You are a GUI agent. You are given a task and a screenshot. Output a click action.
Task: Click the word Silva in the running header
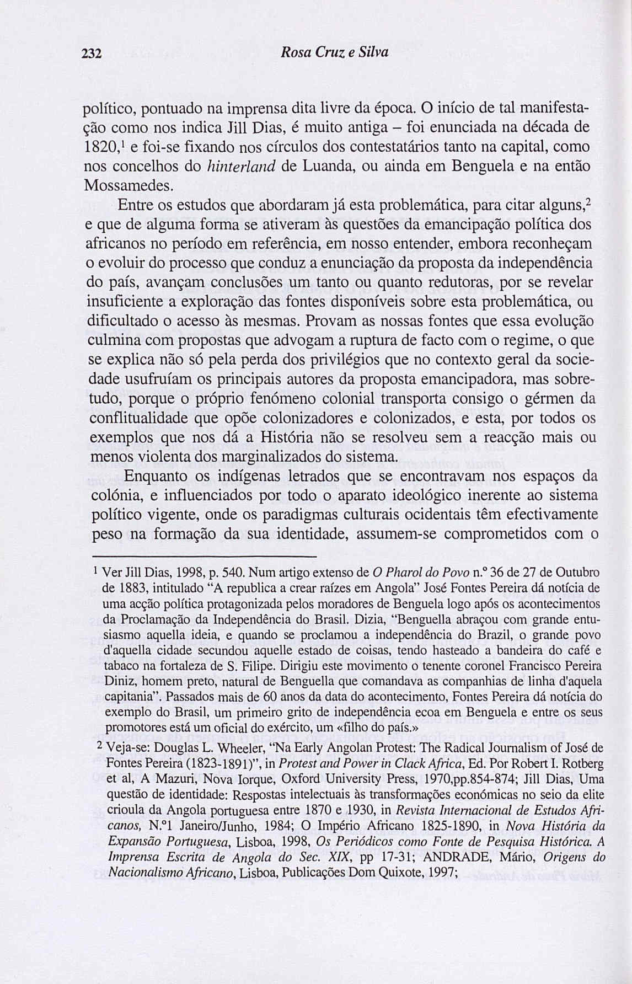tap(374, 53)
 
